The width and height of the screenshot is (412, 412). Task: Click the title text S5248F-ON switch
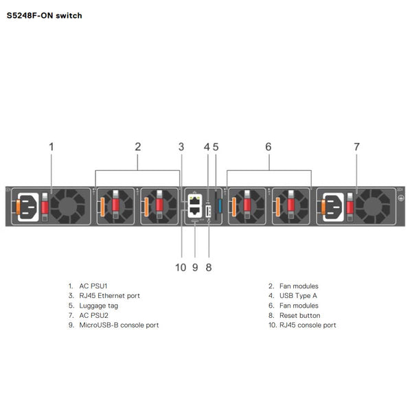[44, 15]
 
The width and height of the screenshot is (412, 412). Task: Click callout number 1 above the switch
[51, 146]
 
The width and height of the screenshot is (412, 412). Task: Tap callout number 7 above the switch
[356, 146]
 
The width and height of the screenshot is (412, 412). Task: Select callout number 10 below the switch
[181, 267]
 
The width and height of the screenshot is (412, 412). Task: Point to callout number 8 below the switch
[209, 267]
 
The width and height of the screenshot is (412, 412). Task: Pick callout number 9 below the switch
[195, 267]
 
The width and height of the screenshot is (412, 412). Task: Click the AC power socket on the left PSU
[27, 207]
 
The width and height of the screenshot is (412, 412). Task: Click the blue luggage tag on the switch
[220, 206]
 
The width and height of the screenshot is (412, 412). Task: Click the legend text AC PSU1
[94, 286]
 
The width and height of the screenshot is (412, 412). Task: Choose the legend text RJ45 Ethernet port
[109, 295]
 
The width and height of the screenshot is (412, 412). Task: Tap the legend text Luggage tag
[98, 306]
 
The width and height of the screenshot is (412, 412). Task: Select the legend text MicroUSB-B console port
[119, 325]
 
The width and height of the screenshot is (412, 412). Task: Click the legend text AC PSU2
[94, 315]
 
